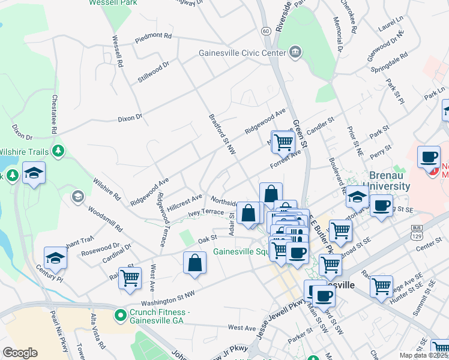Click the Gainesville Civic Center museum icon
(295, 53)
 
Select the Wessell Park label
(112, 2)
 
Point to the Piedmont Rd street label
(153, 36)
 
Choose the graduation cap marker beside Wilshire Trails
(34, 173)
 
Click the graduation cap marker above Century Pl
(55, 258)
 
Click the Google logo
(20, 352)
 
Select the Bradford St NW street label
(221, 134)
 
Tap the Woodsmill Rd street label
(105, 220)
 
